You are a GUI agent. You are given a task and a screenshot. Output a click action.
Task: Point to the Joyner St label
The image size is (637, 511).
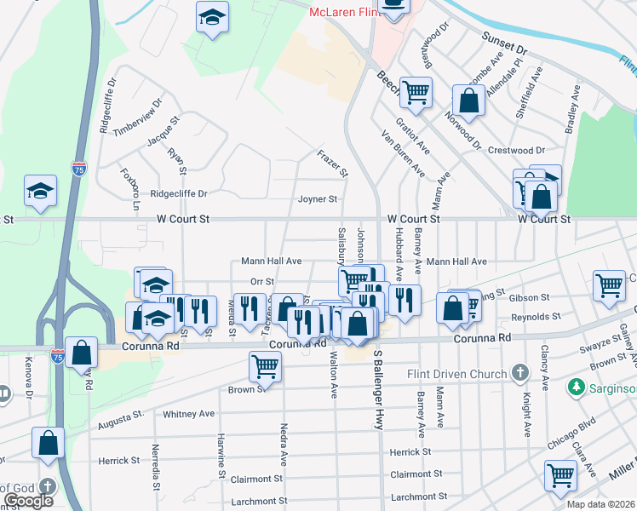coord(318,199)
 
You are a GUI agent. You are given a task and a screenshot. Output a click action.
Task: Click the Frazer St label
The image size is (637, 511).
coord(333,164)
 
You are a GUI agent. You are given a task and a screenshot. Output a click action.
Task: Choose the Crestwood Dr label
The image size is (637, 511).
coord(516,150)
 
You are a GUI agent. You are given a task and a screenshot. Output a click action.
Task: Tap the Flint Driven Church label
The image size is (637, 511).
coord(460,373)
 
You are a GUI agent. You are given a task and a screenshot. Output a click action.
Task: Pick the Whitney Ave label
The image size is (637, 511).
coord(189,414)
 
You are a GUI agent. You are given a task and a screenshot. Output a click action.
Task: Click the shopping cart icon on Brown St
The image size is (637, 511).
coord(265,367)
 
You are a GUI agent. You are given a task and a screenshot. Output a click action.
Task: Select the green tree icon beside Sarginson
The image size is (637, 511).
coord(577,388)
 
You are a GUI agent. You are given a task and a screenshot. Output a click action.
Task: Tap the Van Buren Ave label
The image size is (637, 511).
coord(403,154)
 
